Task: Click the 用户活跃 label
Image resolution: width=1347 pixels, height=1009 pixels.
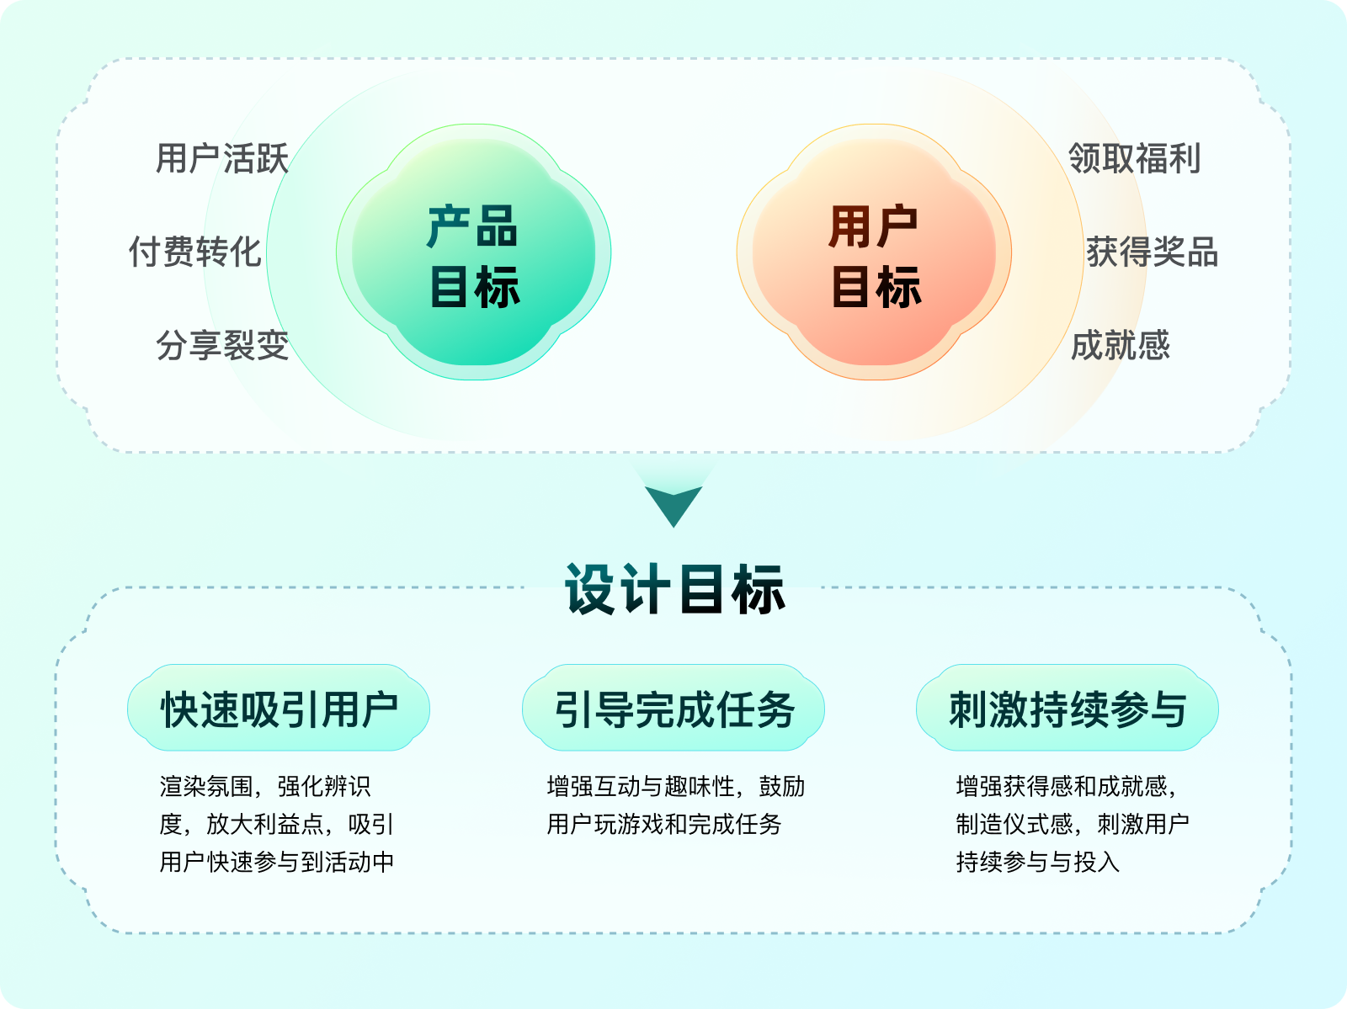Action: (222, 158)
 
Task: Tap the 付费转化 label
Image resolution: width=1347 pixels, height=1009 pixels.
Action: (195, 252)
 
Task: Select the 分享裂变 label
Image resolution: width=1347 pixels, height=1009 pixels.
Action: (222, 345)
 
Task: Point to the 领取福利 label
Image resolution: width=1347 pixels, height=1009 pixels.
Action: (1134, 158)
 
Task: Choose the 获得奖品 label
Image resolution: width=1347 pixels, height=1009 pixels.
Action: (1152, 252)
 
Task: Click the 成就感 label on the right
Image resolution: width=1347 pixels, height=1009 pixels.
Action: (1121, 345)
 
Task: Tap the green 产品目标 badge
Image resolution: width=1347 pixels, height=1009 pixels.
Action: (473, 252)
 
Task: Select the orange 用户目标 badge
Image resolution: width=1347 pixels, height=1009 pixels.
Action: (874, 252)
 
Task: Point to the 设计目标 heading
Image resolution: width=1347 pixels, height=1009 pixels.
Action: (674, 589)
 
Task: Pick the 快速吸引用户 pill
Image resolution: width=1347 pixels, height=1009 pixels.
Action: (279, 709)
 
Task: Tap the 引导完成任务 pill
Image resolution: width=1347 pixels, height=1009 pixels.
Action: (673, 709)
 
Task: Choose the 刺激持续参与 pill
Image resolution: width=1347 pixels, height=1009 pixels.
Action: (1067, 709)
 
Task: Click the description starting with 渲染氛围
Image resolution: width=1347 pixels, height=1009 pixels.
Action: (277, 824)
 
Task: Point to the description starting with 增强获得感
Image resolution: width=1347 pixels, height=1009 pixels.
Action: (1072, 824)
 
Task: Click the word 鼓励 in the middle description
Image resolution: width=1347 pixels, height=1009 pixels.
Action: (782, 787)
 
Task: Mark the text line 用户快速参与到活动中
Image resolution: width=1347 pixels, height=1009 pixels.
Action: (277, 862)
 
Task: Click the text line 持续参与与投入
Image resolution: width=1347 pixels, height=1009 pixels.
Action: (1037, 862)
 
